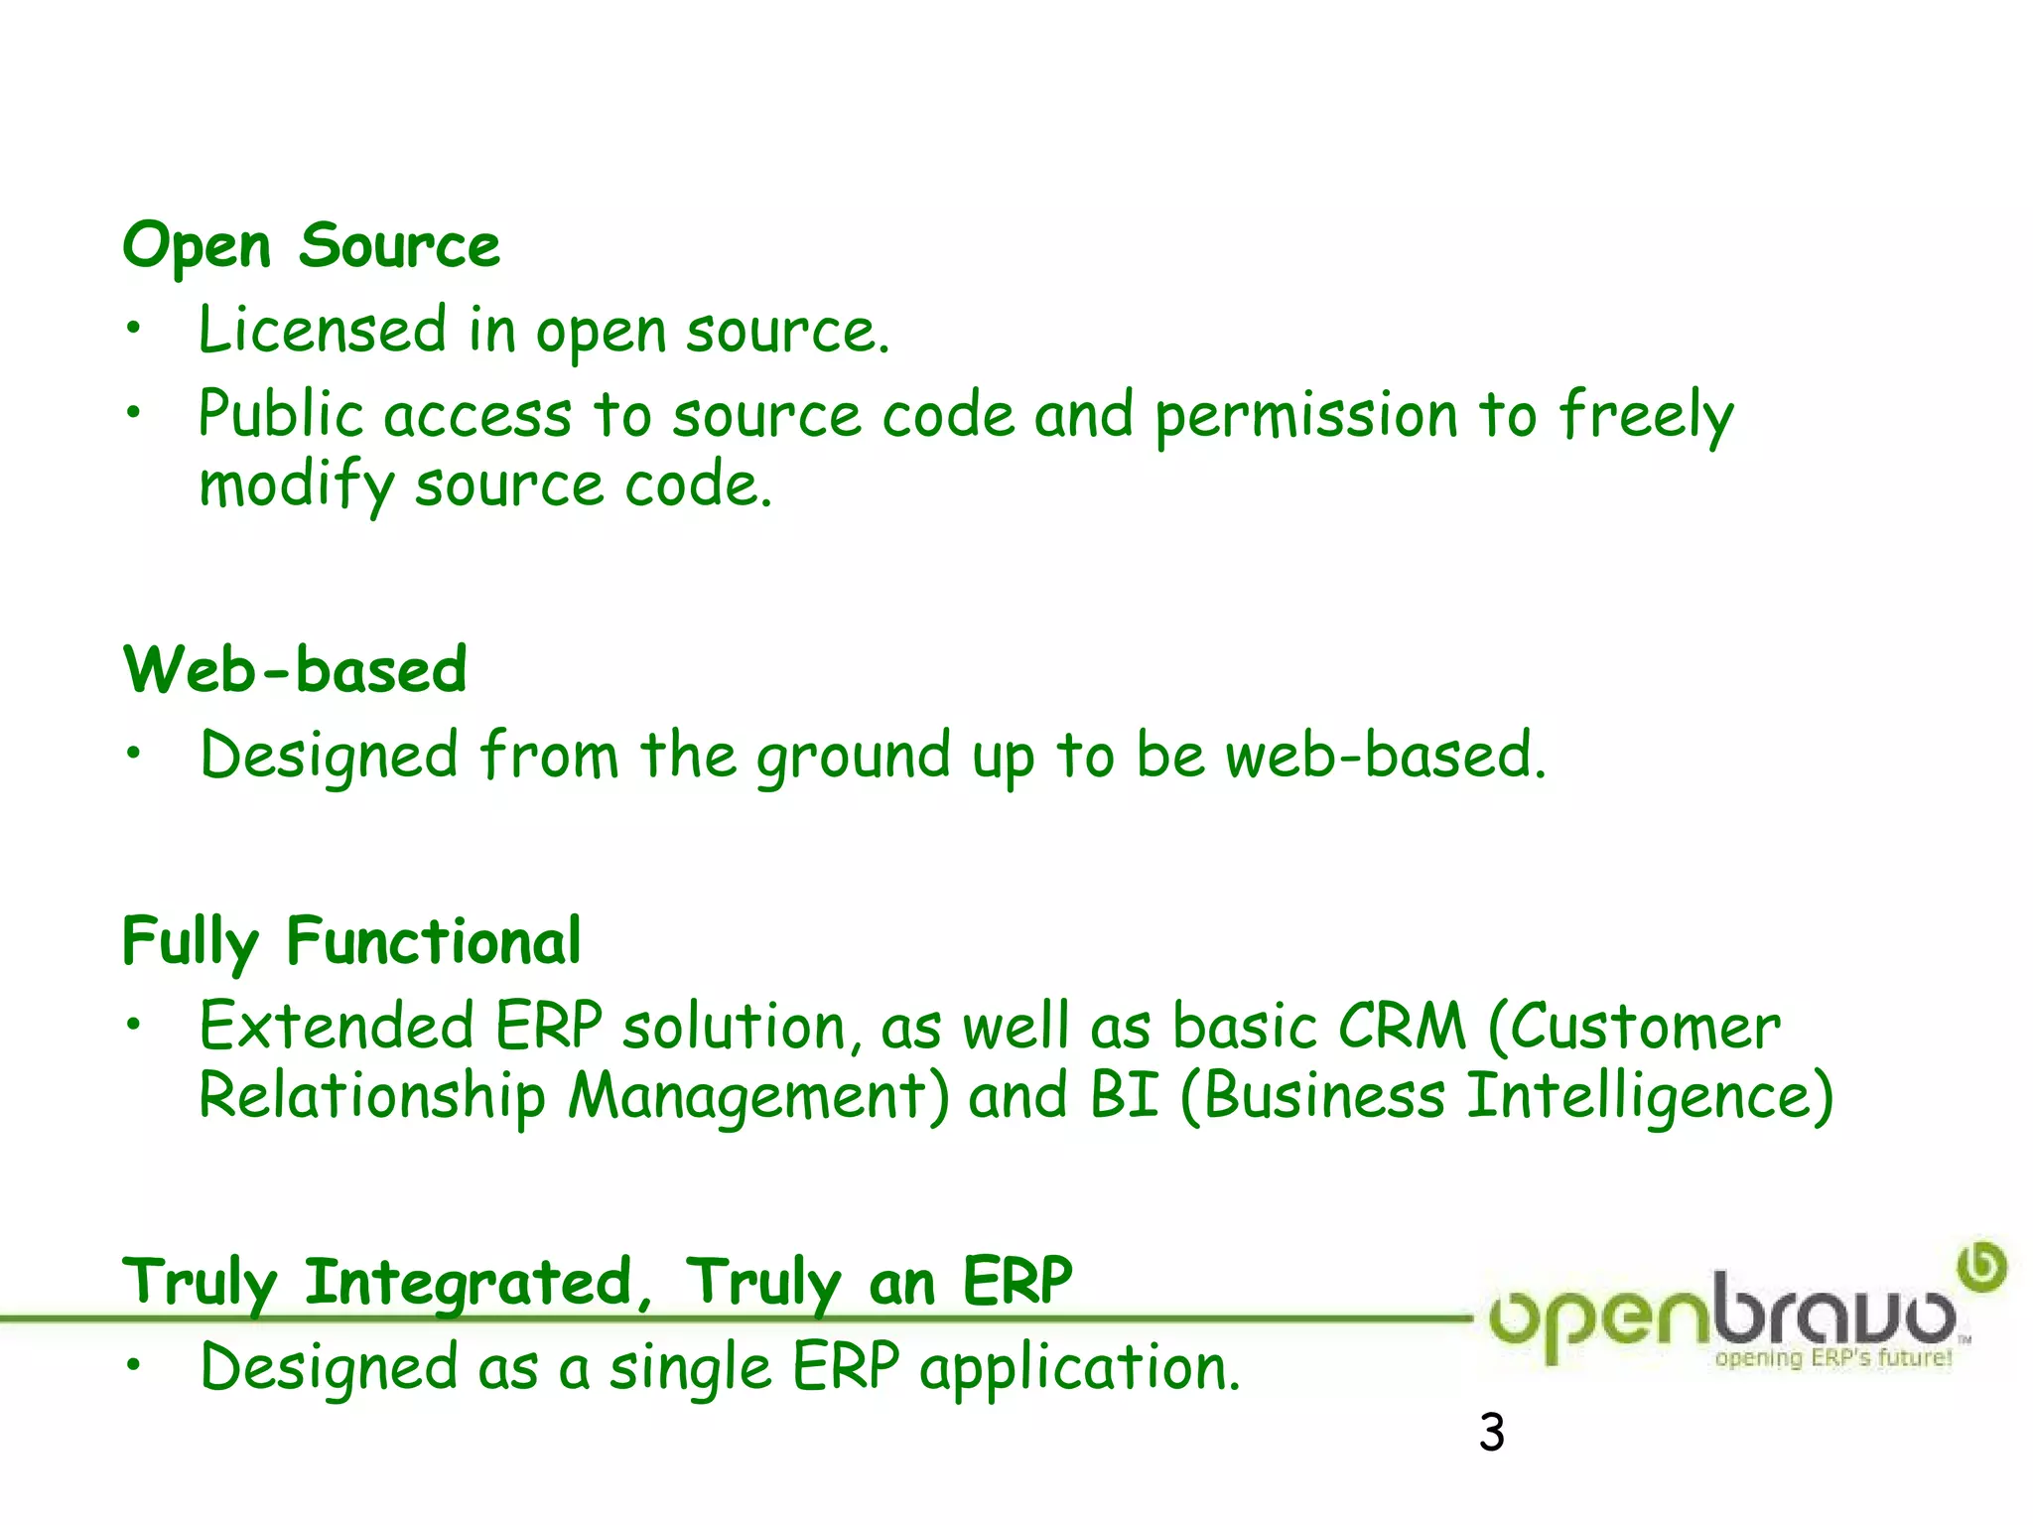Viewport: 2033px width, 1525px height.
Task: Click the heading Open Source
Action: coord(311,245)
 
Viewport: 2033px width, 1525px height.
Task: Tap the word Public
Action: coord(281,414)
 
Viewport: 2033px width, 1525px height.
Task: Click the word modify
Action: coord(296,486)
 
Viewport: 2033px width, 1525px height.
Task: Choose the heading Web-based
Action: coord(295,669)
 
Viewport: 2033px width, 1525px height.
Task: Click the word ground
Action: coord(854,757)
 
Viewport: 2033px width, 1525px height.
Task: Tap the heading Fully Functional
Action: coord(351,941)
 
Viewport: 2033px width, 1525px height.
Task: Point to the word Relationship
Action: coord(372,1097)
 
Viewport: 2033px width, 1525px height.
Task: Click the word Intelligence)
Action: coord(1649,1097)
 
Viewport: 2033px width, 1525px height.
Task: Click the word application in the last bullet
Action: coord(1078,1369)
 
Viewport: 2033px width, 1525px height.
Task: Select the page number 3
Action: coord(1491,1433)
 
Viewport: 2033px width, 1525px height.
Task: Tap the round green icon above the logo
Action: coord(1981,1266)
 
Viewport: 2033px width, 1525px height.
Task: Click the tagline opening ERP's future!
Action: coord(1832,1357)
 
